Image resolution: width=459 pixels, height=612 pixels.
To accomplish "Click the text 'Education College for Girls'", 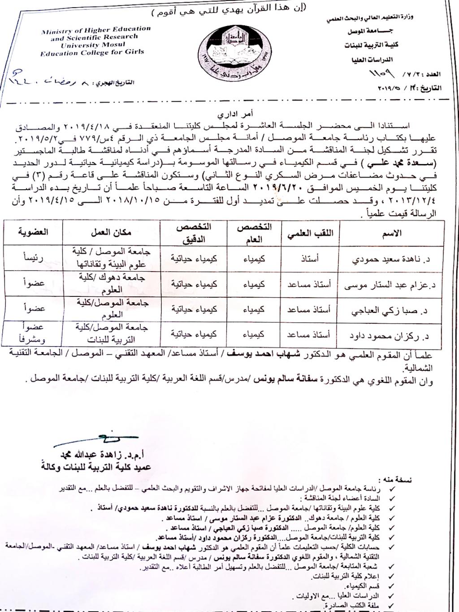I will click(x=92, y=52).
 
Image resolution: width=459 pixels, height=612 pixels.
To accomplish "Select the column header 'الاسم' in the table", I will click(x=393, y=233).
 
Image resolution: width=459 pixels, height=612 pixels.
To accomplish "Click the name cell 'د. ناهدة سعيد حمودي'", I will click(x=393, y=259).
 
